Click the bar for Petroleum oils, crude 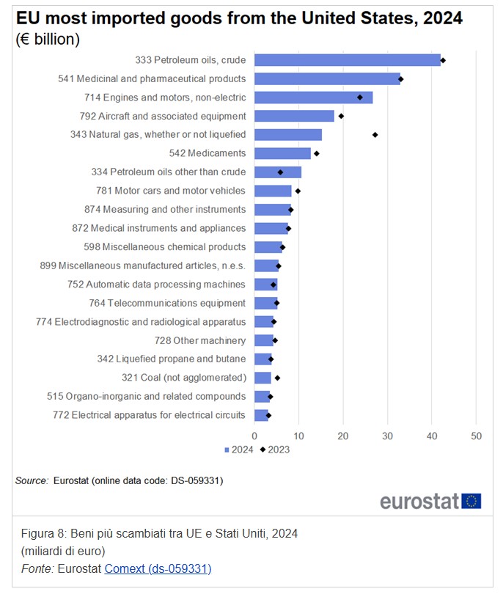pos(347,60)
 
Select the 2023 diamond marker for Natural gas pos(375,135)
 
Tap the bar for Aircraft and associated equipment pos(294,116)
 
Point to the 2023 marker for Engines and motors pos(360,98)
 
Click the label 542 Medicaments pos(208,153)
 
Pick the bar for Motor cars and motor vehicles pos(273,191)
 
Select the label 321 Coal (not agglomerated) pos(183,378)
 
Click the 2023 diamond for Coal pos(277,378)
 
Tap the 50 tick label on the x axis pos(476,437)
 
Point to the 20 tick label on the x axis pos(343,437)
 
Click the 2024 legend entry pos(239,450)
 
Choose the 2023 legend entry pos(275,450)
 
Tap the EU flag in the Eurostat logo pos(471,501)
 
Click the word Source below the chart pos(32,480)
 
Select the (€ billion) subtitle pos(48,40)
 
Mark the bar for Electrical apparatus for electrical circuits pos(261,415)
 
